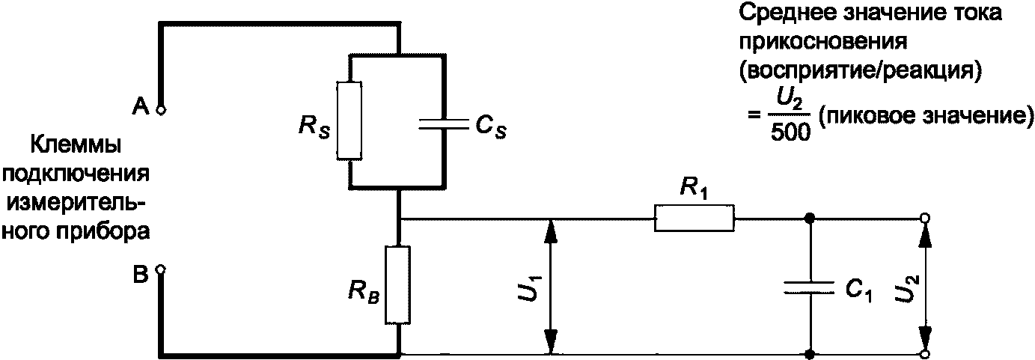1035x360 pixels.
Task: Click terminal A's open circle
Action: pyautogui.click(x=161, y=111)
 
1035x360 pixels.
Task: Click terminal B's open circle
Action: pyautogui.click(x=160, y=269)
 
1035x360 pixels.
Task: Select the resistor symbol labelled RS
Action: pyautogui.click(x=349, y=120)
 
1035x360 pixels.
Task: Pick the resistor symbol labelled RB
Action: pyautogui.click(x=398, y=285)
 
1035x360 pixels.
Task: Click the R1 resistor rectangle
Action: pyautogui.click(x=694, y=219)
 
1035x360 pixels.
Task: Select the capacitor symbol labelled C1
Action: pyautogui.click(x=810, y=288)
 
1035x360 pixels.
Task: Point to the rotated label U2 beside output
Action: pyautogui.click(x=900, y=288)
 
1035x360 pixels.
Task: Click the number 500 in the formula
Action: pyautogui.click(x=790, y=133)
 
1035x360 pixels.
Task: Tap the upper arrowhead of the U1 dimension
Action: pyautogui.click(x=550, y=231)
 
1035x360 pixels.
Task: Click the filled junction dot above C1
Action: pyautogui.click(x=810, y=218)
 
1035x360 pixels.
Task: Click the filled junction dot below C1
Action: pyautogui.click(x=810, y=355)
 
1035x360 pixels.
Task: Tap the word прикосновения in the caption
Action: pyautogui.click(x=823, y=43)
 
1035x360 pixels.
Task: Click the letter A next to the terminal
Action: pyautogui.click(x=141, y=107)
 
